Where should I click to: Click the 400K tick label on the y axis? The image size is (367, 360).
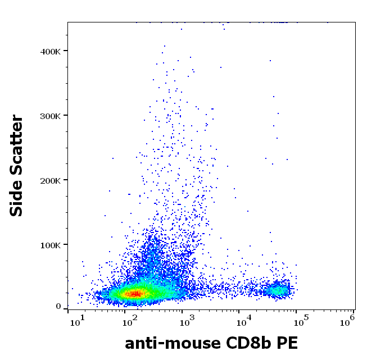coord(50,51)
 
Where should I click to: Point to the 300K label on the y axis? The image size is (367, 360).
coord(50,116)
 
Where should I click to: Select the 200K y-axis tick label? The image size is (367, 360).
coord(50,180)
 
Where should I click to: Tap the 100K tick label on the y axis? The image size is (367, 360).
coord(50,245)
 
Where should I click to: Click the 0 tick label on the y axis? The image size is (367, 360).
coord(58,307)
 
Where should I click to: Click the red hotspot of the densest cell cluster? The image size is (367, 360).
coord(135,293)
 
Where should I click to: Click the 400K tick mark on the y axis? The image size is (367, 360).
coord(65,51)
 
